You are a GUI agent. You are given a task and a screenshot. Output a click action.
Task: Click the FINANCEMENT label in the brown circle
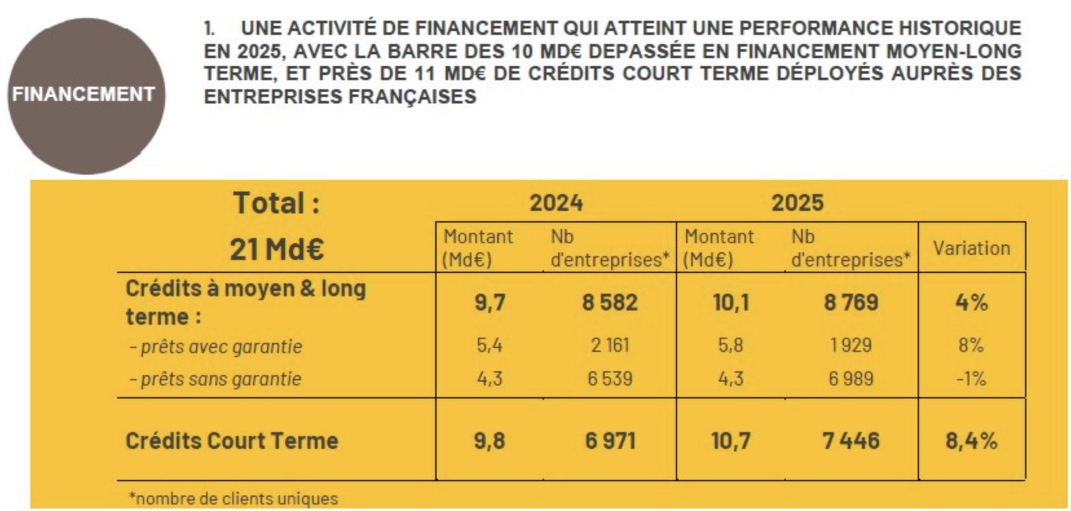(83, 94)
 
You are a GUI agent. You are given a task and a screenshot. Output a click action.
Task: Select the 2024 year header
(556, 203)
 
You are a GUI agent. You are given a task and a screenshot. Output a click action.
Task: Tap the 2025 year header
(797, 203)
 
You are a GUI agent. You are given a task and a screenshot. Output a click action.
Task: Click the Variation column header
(971, 248)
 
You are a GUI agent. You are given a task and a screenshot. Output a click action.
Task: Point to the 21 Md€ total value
(276, 249)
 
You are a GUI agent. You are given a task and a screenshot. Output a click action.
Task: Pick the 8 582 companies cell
(609, 303)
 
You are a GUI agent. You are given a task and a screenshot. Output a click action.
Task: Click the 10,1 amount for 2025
(731, 303)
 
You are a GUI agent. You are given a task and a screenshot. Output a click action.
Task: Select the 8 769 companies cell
(850, 303)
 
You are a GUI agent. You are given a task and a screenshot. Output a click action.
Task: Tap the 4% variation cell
(971, 303)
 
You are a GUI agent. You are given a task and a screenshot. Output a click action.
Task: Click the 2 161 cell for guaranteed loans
(609, 345)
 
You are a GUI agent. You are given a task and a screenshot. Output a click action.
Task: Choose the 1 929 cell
(850, 345)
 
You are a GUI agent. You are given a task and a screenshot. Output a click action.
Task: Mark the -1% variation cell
(971, 378)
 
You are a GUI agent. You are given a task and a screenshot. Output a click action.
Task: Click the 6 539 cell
(609, 378)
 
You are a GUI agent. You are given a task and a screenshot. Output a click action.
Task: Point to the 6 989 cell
(850, 378)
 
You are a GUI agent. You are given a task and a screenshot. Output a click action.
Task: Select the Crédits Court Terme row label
(232, 441)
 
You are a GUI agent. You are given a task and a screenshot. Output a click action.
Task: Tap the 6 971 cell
(610, 441)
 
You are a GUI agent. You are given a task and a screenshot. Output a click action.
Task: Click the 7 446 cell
(850, 441)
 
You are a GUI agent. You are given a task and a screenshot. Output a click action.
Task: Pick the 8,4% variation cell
(971, 441)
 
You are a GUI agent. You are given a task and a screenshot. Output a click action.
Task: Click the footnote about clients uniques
(233, 499)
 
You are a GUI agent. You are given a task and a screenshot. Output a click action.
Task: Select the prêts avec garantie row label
(216, 347)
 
